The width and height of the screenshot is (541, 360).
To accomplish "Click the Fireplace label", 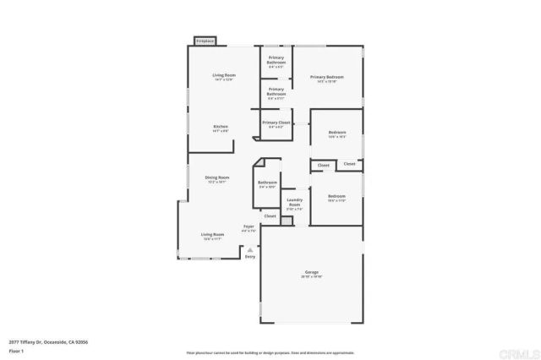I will point(205,41).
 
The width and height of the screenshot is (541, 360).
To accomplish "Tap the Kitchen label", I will point(221,127).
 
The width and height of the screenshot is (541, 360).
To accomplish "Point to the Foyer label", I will point(249,227).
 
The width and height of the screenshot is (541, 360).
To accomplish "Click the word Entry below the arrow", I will point(250,256).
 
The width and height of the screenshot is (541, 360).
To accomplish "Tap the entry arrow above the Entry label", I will point(250,248).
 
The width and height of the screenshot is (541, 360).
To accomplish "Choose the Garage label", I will point(311,273).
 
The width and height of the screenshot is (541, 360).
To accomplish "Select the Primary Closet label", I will point(276,123).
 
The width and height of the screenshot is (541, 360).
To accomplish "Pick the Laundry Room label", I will point(294,203).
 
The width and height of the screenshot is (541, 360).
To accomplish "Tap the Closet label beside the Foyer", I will point(270,216).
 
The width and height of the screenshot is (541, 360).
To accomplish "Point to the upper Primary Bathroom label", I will point(276,61).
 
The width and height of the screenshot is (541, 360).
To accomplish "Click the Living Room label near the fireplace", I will point(223,76).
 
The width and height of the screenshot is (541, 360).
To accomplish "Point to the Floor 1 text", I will point(16,350).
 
